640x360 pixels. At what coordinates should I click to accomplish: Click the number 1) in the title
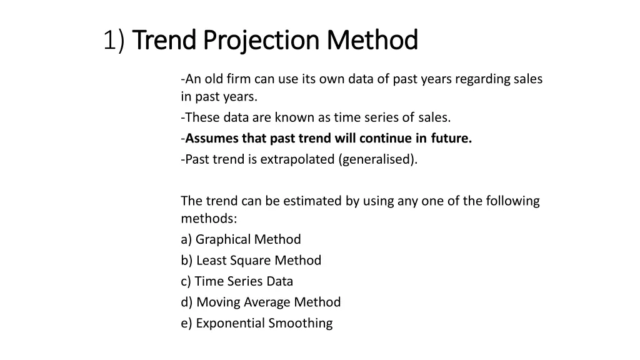click(x=115, y=41)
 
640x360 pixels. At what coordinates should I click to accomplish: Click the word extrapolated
click(x=297, y=159)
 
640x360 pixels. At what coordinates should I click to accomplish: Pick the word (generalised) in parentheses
click(x=378, y=159)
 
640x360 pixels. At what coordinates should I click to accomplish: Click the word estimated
click(x=312, y=201)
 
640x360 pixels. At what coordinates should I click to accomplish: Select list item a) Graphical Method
click(x=241, y=239)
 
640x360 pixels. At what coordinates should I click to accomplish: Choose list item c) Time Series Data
click(x=237, y=281)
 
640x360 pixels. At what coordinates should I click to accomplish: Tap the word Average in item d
click(x=269, y=302)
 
